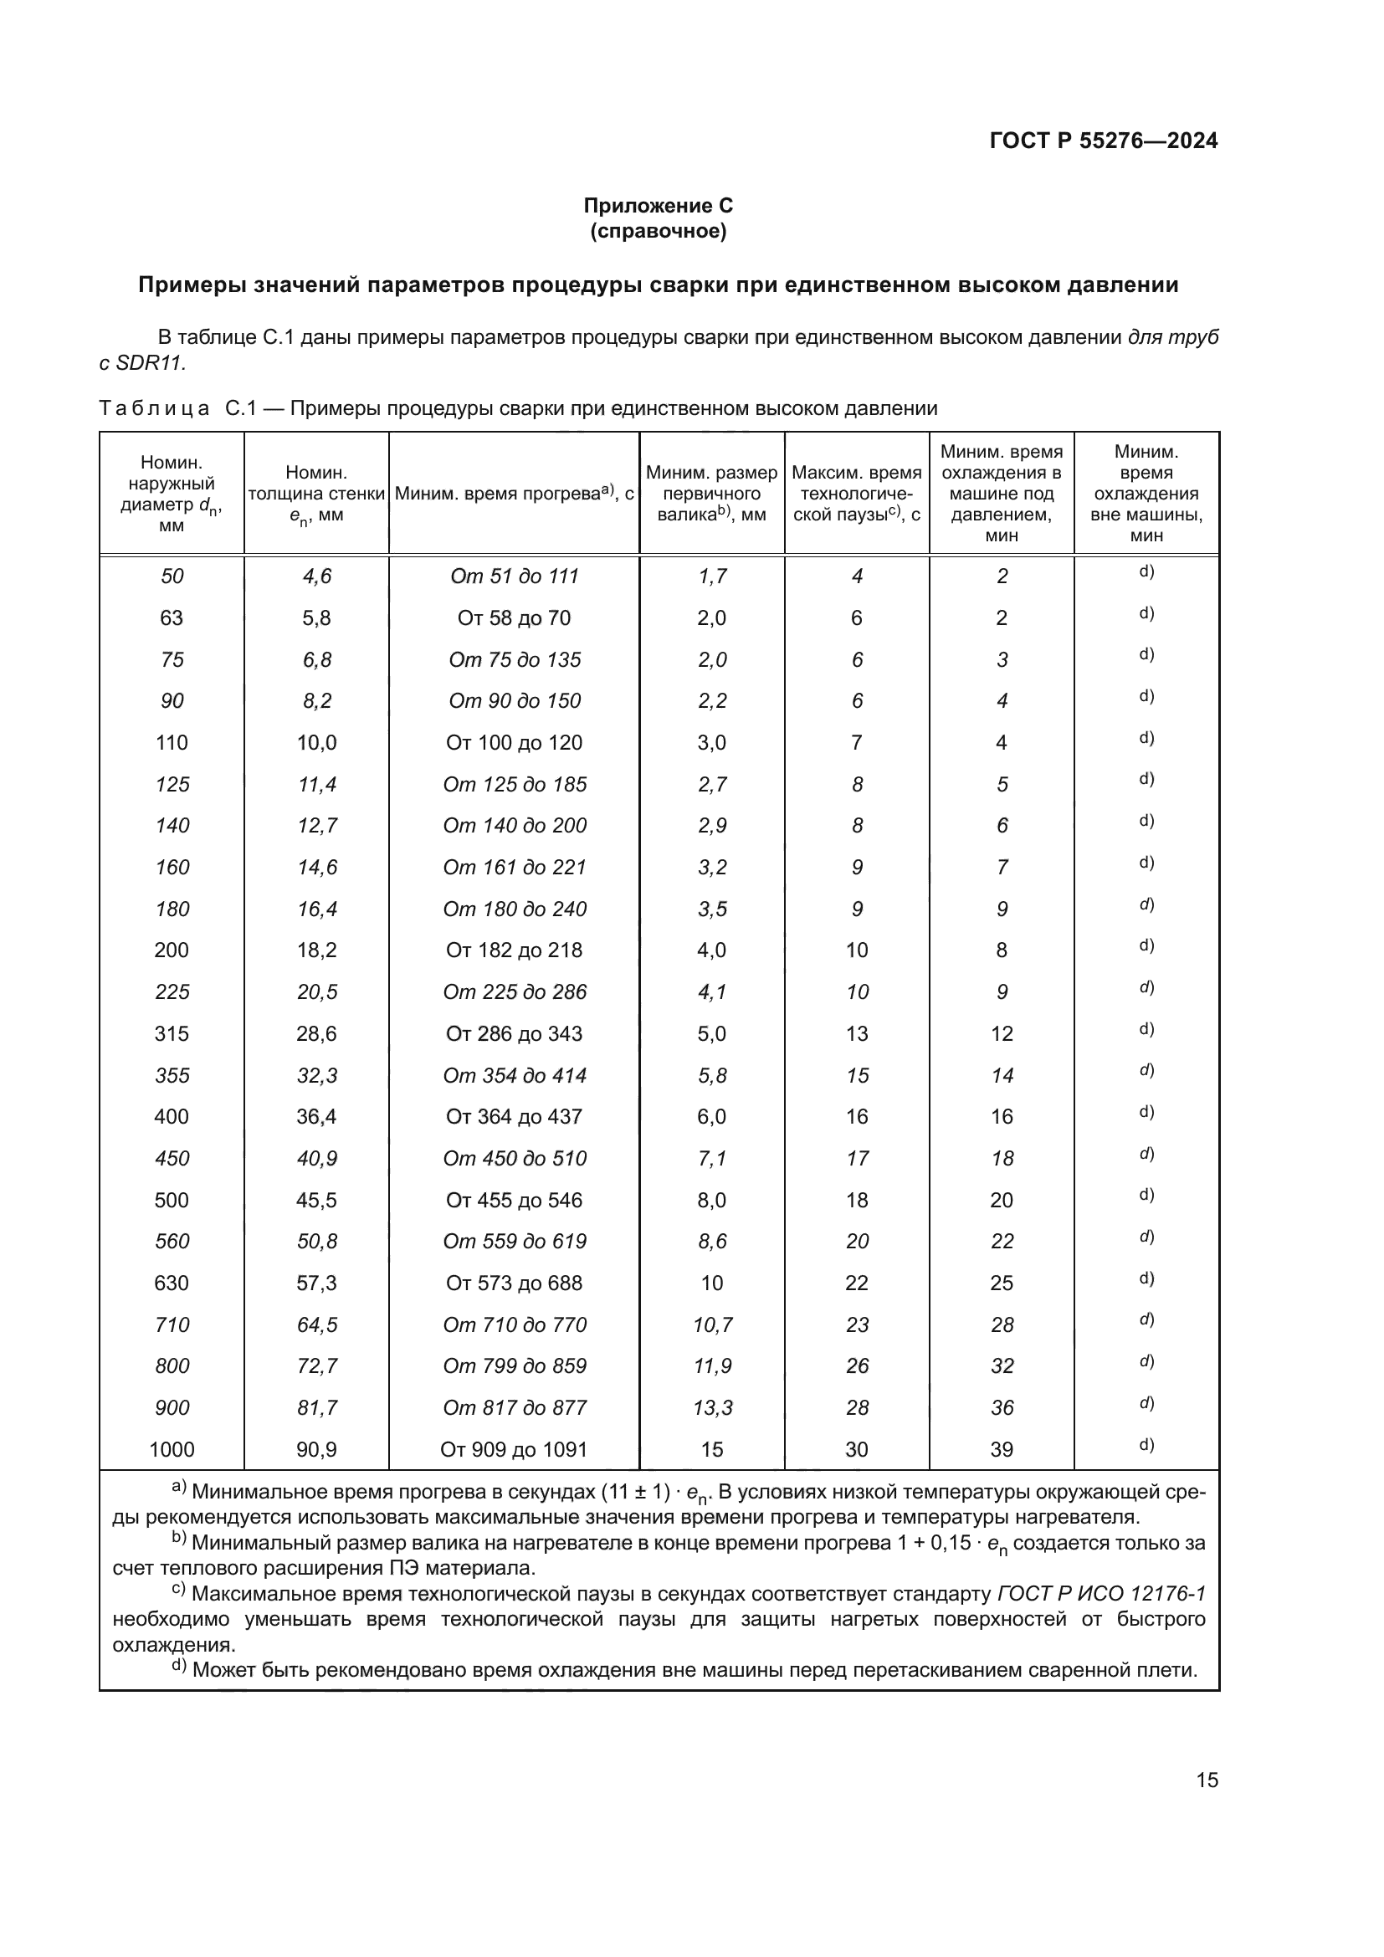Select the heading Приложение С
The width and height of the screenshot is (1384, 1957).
[658, 206]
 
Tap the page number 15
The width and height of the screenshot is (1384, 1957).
[1207, 1780]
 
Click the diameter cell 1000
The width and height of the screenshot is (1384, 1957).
[172, 1449]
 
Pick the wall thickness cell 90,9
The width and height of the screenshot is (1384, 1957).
[316, 1449]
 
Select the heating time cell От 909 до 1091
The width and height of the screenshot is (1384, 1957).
[514, 1449]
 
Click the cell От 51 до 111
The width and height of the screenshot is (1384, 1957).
[514, 576]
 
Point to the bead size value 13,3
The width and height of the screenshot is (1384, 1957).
[711, 1407]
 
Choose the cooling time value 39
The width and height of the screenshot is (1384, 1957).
[1002, 1449]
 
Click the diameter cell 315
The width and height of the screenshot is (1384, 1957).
[172, 1033]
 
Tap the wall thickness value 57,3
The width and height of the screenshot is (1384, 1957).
[316, 1283]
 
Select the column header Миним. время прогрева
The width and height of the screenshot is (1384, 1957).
[514, 494]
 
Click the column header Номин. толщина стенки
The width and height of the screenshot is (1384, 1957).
[316, 494]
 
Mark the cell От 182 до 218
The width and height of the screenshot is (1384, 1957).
[514, 950]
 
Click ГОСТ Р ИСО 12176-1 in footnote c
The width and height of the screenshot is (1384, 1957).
[1101, 1593]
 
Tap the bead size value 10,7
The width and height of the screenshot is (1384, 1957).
[711, 1324]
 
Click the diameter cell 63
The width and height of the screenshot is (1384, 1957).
[172, 618]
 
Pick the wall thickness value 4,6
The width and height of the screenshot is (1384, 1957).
[316, 576]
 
